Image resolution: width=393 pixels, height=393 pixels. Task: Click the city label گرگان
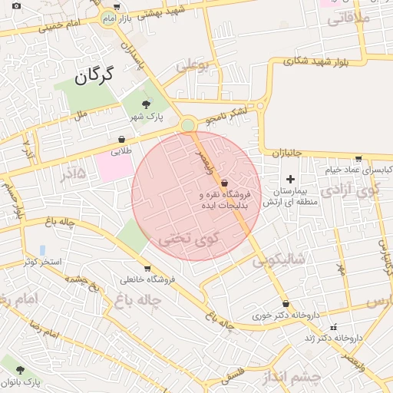click(94, 75)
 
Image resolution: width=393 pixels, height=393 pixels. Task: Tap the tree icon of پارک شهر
click(146, 105)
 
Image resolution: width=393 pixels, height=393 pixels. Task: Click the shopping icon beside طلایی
click(122, 140)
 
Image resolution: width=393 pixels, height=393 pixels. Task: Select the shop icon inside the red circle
click(223, 183)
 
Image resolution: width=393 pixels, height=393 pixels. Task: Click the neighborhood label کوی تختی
click(189, 239)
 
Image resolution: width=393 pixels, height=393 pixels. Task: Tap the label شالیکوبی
click(278, 260)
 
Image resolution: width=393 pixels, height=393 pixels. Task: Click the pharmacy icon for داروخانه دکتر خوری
click(286, 304)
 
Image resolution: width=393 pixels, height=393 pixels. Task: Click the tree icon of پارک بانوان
click(20, 370)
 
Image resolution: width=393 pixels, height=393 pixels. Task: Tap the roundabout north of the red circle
click(188, 124)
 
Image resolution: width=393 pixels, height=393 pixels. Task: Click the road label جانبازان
click(288, 154)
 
